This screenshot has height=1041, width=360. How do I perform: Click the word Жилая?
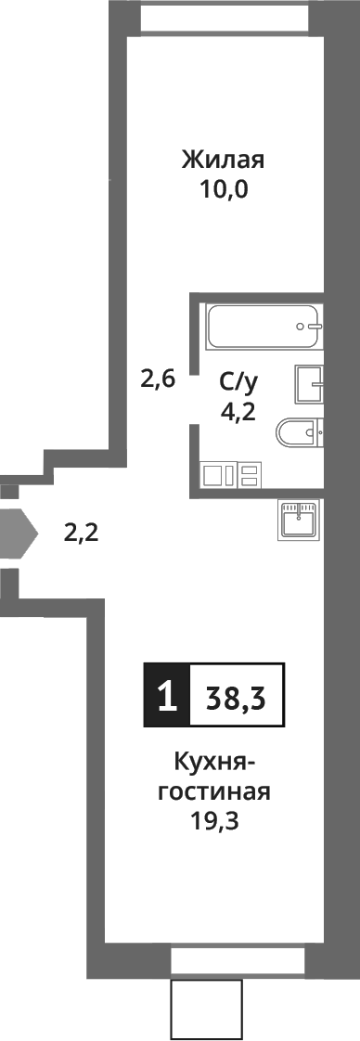[x=223, y=160]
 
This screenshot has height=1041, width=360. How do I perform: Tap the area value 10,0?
[x=223, y=191]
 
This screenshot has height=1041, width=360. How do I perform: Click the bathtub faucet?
[x=310, y=327]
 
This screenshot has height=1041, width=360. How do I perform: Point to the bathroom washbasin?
[x=309, y=383]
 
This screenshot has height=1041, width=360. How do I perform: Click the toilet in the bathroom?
[x=299, y=431]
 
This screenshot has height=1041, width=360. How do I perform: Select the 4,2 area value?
[x=237, y=410]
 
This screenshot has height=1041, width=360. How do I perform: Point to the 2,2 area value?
[x=80, y=533]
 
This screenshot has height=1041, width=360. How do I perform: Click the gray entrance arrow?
[x=17, y=533]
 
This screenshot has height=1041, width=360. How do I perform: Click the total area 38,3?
[x=236, y=695]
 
